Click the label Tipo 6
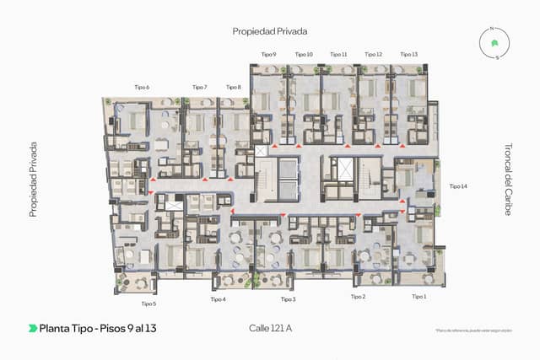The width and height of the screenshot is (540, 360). coord(142,87)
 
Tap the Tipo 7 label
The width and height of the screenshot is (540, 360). coord(199,87)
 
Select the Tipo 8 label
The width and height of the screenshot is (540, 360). coord(234,87)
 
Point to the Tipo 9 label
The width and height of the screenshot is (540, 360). coord(269,54)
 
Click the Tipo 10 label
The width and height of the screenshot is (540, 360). coord(304,54)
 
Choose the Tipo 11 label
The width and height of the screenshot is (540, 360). coord(338,54)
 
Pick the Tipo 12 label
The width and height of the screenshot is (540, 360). coord(374,54)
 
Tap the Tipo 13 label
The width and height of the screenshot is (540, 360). coord(409,54)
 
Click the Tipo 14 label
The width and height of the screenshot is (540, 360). coord(458,185)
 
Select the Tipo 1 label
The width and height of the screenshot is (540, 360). coord(419,297)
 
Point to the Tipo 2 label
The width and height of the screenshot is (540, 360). coord(359,297)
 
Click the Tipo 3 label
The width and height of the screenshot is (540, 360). coord(288,299)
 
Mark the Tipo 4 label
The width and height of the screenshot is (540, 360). coord(218,299)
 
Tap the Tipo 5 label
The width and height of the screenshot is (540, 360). coord(148,304)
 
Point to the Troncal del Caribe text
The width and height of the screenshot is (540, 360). coord(508,178)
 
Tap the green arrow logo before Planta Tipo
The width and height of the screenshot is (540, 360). coord(33,328)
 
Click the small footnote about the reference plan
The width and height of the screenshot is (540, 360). coord(474,330)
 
